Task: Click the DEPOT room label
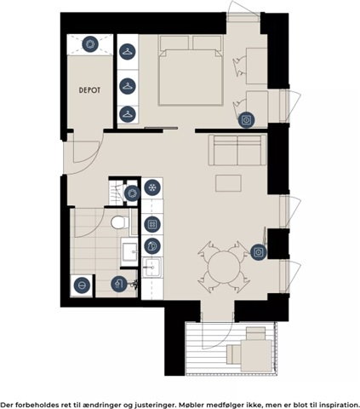click(89, 90)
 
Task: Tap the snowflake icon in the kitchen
click(152, 187)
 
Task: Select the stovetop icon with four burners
click(152, 224)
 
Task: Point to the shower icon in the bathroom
click(119, 284)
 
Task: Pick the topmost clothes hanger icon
click(128, 52)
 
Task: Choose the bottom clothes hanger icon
click(128, 114)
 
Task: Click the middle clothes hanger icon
click(128, 85)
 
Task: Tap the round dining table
click(224, 267)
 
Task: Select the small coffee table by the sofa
click(228, 183)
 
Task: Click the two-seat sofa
click(237, 150)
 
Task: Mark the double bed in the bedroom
click(191, 71)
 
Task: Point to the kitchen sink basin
click(151, 268)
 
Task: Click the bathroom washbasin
click(130, 251)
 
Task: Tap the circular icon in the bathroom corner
click(82, 285)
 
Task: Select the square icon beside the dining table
click(259, 252)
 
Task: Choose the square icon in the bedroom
click(246, 120)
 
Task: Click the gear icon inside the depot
click(90, 44)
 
